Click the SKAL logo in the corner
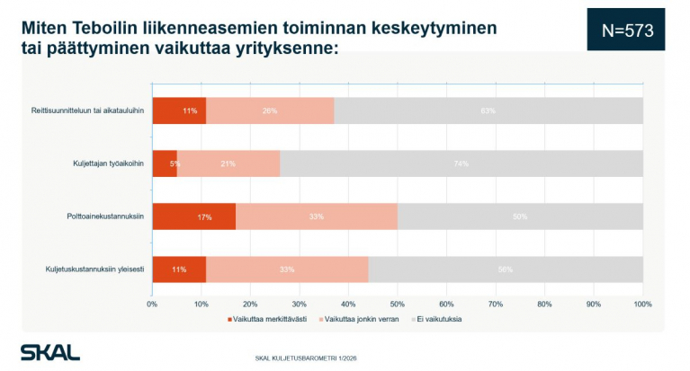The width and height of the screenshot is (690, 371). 50,351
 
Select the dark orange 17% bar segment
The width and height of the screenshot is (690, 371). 193,216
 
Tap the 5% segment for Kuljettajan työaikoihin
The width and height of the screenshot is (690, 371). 165,163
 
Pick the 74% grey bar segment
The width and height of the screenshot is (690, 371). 461,163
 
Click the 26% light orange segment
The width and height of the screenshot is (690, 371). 270,110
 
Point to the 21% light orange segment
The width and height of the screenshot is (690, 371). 229,163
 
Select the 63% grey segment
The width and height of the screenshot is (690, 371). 488,110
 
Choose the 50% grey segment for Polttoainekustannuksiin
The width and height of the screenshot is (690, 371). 520,216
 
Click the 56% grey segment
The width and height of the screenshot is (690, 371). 506,269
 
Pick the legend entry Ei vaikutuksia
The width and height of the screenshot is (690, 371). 437,319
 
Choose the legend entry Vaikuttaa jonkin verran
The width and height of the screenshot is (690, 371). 358,319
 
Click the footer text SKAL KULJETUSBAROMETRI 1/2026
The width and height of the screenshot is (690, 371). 306,358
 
